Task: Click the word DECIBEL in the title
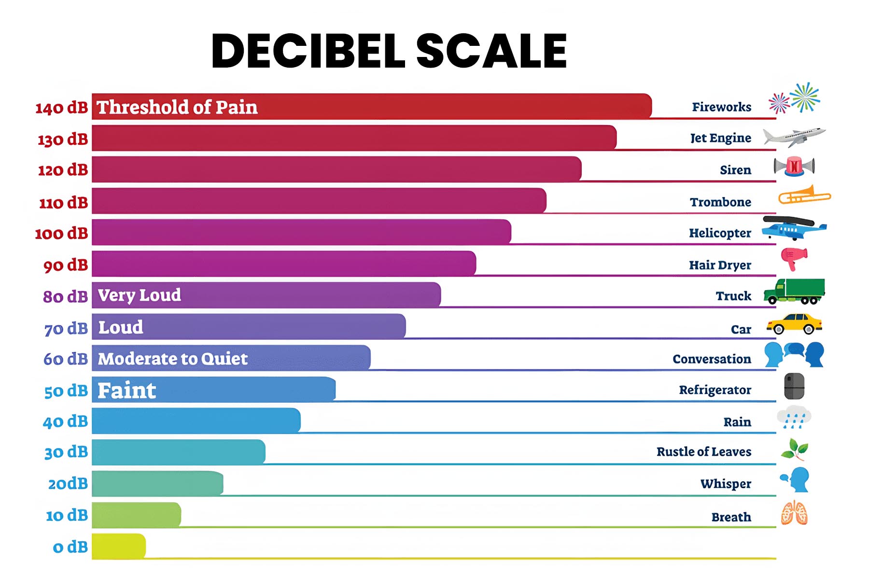(x=308, y=51)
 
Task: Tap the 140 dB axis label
(x=61, y=108)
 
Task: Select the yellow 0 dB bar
(x=118, y=546)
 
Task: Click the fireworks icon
(x=795, y=98)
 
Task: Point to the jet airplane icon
(x=794, y=137)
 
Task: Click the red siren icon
(x=794, y=167)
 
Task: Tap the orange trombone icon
(x=804, y=196)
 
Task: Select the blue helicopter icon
(x=794, y=228)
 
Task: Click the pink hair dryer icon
(x=794, y=258)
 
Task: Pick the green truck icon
(x=794, y=292)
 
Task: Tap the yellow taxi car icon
(x=794, y=324)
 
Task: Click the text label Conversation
(x=712, y=359)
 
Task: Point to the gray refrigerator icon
(x=794, y=386)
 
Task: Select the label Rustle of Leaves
(x=703, y=452)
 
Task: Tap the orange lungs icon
(x=794, y=513)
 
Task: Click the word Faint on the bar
(x=126, y=390)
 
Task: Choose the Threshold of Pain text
(x=177, y=107)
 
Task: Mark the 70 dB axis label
(x=66, y=329)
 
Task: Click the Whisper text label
(x=726, y=484)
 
